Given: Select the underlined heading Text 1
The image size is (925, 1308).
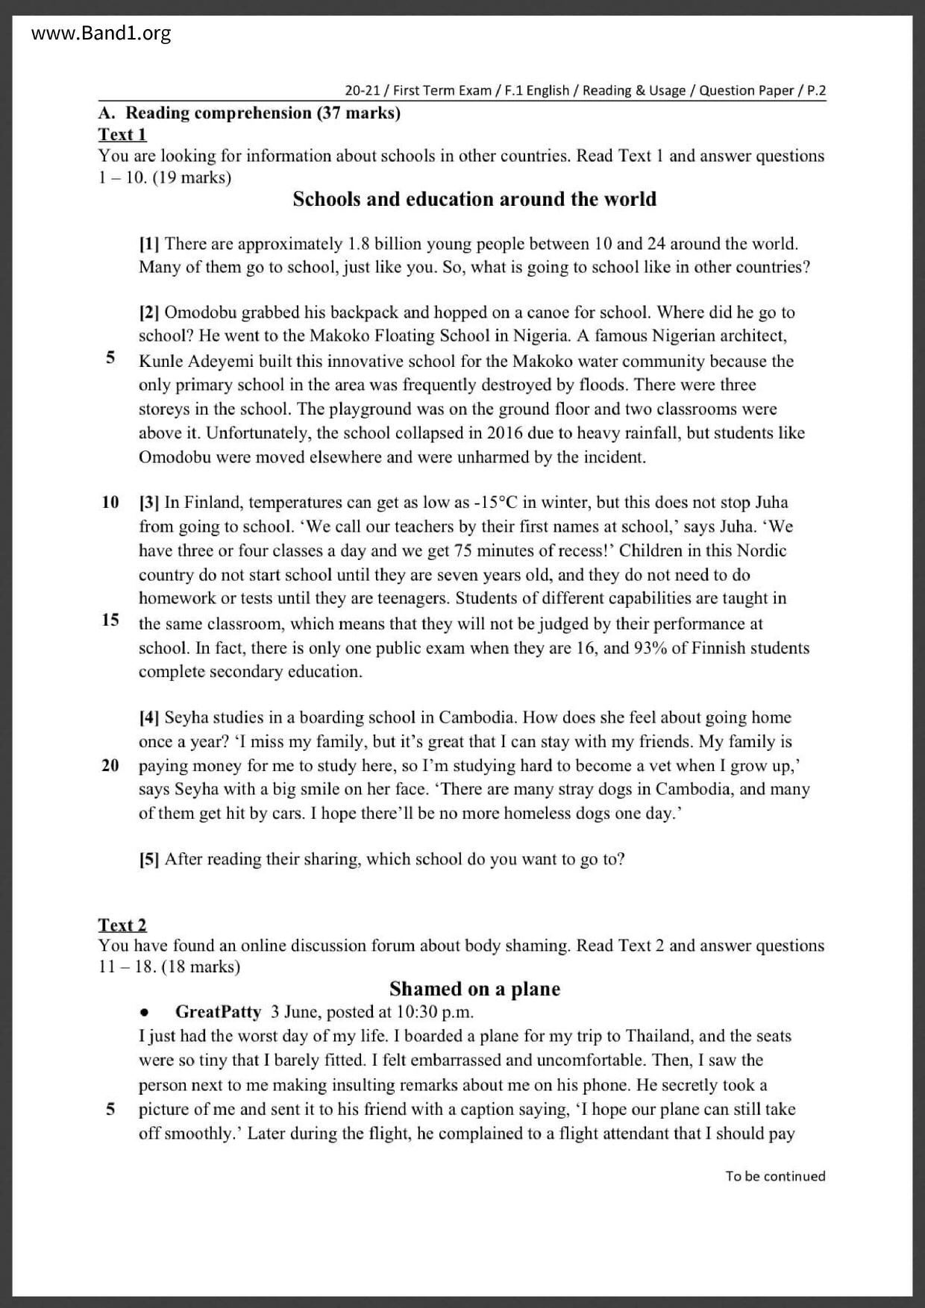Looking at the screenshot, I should [122, 135].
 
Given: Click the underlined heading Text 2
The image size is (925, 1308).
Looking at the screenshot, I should [122, 925].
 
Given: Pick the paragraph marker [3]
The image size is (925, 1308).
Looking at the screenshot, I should [149, 503].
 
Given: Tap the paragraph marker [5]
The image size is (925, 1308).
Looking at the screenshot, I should [149, 859].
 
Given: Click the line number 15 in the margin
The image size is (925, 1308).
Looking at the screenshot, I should [110, 620].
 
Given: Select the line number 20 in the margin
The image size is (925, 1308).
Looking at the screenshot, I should [110, 765].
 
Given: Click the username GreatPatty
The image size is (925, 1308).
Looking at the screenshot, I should [218, 1012].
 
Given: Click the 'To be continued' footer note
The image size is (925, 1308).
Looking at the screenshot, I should [775, 1176].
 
